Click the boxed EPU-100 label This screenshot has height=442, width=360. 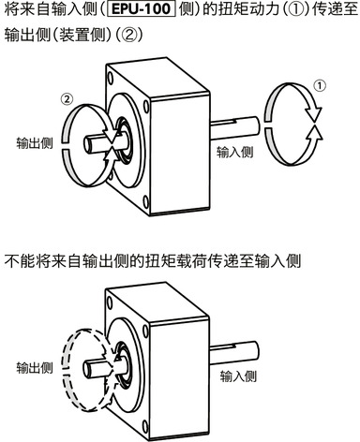(142, 8)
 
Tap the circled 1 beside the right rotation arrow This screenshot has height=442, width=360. (320, 85)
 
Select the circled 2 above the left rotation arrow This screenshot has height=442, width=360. (67, 99)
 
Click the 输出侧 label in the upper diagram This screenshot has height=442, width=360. (35, 143)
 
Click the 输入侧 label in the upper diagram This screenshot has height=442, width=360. (234, 152)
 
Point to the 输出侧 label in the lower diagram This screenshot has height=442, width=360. (35, 368)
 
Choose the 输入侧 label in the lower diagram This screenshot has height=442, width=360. (238, 376)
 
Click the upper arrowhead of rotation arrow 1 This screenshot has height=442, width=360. (313, 112)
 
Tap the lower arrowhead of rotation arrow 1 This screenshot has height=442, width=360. (313, 134)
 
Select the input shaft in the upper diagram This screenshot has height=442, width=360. (235, 127)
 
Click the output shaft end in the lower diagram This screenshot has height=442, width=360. (89, 369)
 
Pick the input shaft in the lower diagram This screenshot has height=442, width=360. (235, 351)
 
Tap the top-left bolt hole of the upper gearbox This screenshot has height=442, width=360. (110, 77)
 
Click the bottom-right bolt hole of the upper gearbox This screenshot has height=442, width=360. (146, 201)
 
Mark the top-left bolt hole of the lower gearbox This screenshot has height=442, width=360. (110, 302)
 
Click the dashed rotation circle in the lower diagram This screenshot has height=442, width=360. (67, 349)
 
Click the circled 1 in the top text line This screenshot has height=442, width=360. (292, 9)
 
